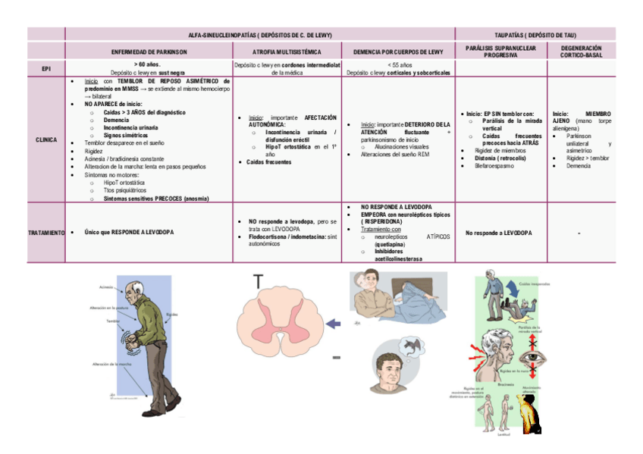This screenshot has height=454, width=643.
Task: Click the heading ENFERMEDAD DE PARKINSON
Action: pos(149,52)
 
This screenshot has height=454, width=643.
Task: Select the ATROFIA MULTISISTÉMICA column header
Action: pos(287,52)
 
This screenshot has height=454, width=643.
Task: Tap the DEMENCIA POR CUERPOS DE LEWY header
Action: pos(398,52)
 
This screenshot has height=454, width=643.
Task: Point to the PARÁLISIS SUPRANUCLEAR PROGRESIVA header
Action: pos(500,51)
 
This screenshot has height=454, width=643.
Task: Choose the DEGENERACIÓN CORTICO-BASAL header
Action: pos(585,51)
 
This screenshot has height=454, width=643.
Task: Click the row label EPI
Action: pos(46,68)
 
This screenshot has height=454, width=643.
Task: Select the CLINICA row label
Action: pos(46,139)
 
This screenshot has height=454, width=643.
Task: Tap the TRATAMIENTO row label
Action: pos(46,233)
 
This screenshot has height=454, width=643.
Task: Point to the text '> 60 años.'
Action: pos(149,64)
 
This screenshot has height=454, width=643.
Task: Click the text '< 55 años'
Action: pos(399,64)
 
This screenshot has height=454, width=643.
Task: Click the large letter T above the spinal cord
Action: pos(259,281)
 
